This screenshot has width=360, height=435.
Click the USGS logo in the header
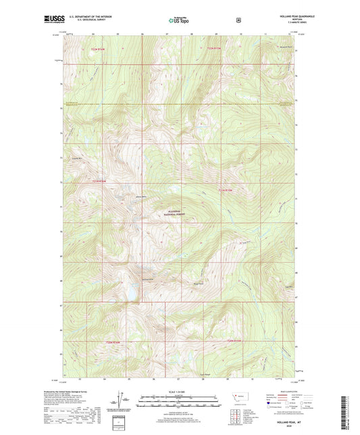coord(53,20)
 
